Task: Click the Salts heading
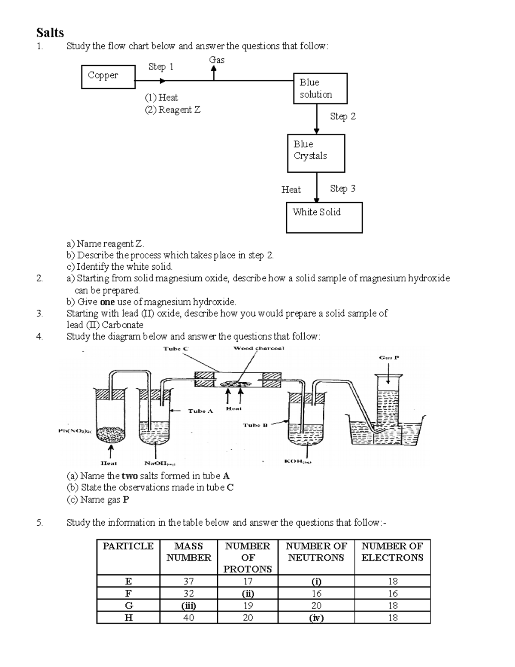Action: click(x=50, y=33)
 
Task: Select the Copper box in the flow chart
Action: click(x=108, y=76)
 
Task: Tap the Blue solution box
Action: click(x=320, y=88)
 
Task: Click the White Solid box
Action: click(x=324, y=217)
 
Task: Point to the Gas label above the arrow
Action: click(x=217, y=60)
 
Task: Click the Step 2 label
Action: click(x=342, y=116)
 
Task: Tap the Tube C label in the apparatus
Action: click(x=176, y=349)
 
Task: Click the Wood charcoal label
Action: click(x=259, y=348)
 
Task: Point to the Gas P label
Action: click(x=389, y=357)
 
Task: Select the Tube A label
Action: click(x=200, y=411)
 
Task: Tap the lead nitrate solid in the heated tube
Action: click(x=111, y=435)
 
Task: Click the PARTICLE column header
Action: click(x=128, y=546)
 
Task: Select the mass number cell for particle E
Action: click(x=188, y=582)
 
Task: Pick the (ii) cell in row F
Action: click(x=248, y=594)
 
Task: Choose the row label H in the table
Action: click(x=128, y=618)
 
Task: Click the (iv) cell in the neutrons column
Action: click(x=316, y=618)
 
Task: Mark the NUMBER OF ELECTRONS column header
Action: click(x=392, y=552)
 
